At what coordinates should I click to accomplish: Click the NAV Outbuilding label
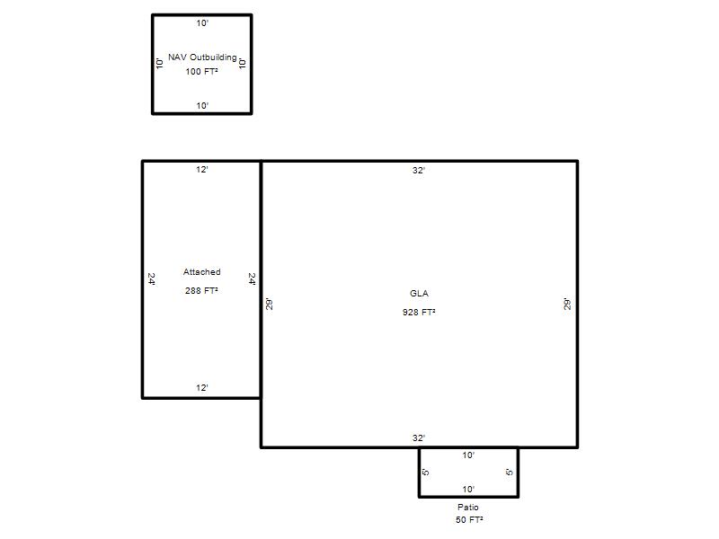pos(202,57)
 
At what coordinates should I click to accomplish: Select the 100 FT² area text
pos(201,72)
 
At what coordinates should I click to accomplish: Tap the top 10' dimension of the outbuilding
pos(203,23)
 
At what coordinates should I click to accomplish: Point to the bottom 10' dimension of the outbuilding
pos(203,106)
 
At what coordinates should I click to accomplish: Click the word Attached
pos(201,272)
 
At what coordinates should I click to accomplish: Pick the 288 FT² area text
pos(201,290)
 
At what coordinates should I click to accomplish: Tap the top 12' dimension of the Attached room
pos(202,170)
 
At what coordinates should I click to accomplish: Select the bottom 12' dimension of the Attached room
pos(202,388)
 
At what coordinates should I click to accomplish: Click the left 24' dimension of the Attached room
pos(151,279)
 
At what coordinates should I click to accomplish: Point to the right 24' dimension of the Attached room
pos(253,279)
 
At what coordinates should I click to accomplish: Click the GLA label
pos(419,294)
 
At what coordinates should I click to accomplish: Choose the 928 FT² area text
pos(419,312)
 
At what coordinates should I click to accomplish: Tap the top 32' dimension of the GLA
pos(419,171)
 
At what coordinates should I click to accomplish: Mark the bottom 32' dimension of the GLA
pos(419,438)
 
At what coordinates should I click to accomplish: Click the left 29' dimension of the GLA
pos(270,305)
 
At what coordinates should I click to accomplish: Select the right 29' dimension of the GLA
pos(568,305)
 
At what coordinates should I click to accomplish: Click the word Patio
pos(468,508)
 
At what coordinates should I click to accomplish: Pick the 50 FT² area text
pos(469,520)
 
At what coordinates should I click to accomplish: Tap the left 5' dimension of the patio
pos(425,473)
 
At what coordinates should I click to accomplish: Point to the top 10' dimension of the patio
pos(468,455)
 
